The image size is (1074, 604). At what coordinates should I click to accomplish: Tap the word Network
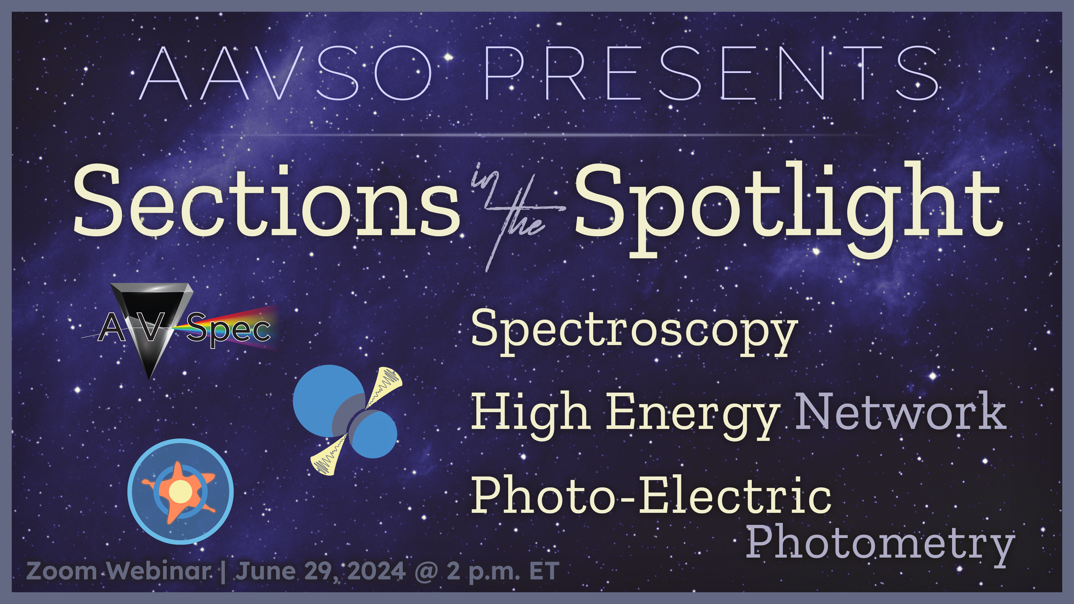tap(901, 413)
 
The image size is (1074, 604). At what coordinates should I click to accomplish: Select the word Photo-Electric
tap(650, 496)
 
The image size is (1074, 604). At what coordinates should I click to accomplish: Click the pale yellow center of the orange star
tap(180, 492)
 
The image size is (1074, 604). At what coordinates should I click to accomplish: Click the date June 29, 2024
tap(321, 571)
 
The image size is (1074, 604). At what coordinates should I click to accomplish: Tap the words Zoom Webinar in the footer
tap(119, 571)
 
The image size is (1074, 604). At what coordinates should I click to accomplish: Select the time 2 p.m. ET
tap(502, 571)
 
